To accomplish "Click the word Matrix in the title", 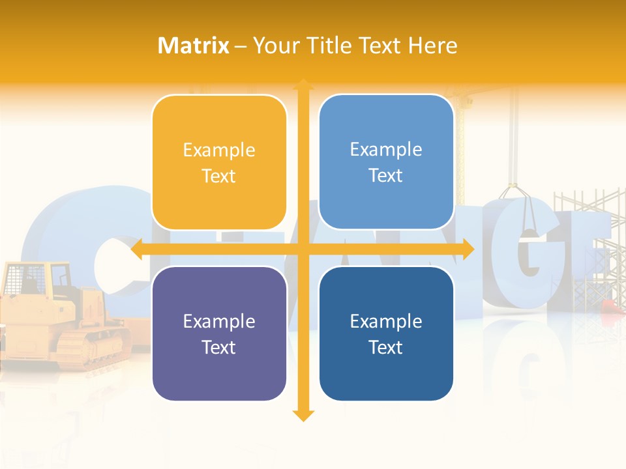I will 194,46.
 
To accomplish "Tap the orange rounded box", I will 219,163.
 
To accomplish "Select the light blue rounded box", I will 386,162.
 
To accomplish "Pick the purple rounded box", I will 219,334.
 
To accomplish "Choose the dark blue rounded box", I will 386,334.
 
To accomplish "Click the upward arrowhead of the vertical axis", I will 303,85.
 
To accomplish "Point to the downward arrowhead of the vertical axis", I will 303,415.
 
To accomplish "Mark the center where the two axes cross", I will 303,249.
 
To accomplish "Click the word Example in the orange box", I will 219,150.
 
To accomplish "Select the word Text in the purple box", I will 219,347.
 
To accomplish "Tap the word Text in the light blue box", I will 386,176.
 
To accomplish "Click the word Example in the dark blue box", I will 386,321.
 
